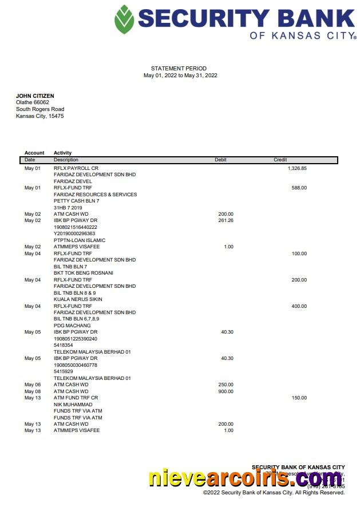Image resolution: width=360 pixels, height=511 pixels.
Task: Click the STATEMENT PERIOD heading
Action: pyautogui.click(x=179, y=69)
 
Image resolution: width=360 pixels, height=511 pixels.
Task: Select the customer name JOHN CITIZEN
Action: pyautogui.click(x=35, y=96)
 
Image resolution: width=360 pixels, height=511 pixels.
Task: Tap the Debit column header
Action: pyautogui.click(x=220, y=160)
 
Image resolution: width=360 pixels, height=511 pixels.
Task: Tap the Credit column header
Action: pyautogui.click(x=280, y=160)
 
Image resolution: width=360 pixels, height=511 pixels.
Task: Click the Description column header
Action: pyautogui.click(x=66, y=160)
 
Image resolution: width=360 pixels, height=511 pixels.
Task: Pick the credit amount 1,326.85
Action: pyautogui.click(x=297, y=168)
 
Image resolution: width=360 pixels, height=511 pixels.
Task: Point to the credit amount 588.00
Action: pyautogui.click(x=299, y=188)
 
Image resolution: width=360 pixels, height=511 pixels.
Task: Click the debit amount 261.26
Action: pyautogui.click(x=226, y=220)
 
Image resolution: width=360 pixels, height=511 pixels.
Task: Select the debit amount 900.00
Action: pyautogui.click(x=226, y=391)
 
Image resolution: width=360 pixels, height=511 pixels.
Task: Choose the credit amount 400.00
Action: pyautogui.click(x=299, y=306)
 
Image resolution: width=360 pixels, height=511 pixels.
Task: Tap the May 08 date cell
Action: pyautogui.click(x=33, y=391)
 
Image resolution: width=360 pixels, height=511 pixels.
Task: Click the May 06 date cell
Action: pyautogui.click(x=33, y=385)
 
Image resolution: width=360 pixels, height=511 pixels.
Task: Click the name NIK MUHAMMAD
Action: pyautogui.click(x=73, y=405)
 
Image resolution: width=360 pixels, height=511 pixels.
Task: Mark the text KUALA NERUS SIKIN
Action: pyautogui.click(x=78, y=299)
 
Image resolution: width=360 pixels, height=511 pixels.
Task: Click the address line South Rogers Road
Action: pyautogui.click(x=40, y=109)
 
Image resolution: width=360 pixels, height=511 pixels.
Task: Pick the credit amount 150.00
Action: pyautogui.click(x=299, y=398)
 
